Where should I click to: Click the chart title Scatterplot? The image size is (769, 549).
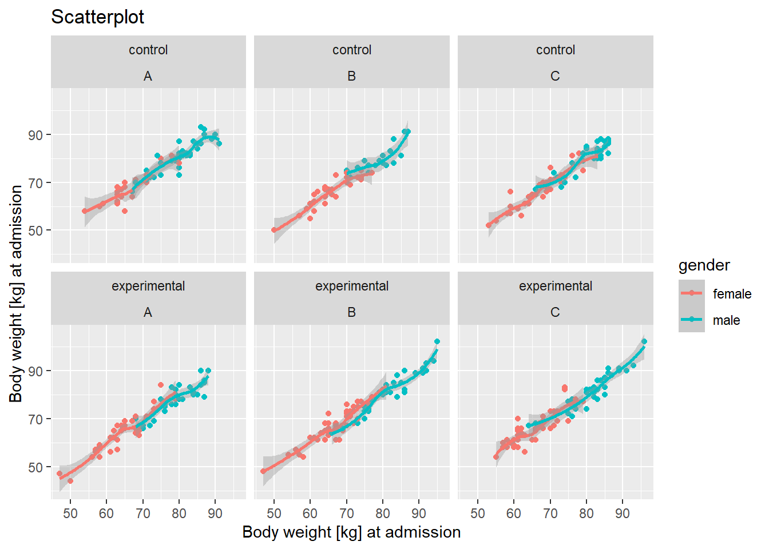tap(97, 17)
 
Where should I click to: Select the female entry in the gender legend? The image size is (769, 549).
tap(732, 294)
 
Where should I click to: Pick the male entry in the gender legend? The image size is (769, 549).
tap(726, 320)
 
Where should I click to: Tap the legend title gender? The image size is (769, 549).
tap(704, 265)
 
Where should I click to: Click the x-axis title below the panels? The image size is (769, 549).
tap(351, 532)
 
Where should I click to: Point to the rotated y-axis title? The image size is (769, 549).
tap(16, 293)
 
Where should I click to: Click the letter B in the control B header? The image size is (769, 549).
tap(351, 76)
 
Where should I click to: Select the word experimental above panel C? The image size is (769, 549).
tap(555, 286)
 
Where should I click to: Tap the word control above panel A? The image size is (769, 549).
tap(148, 50)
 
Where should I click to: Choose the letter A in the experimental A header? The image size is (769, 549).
tap(148, 312)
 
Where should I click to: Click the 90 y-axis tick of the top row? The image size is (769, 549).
tap(35, 136)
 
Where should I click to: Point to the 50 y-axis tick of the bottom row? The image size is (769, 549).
tap(35, 468)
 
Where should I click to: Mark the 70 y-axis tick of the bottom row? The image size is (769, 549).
tap(35, 420)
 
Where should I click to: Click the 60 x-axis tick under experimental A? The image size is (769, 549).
tap(106, 514)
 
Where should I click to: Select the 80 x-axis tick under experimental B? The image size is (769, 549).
tap(383, 514)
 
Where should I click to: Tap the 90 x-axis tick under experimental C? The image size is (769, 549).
tap(623, 514)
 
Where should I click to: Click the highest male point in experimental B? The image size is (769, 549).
tap(437, 341)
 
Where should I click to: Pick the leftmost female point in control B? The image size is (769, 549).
tap(274, 230)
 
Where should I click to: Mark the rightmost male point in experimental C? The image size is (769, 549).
tap(644, 341)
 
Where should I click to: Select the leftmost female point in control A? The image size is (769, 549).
tap(85, 211)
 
